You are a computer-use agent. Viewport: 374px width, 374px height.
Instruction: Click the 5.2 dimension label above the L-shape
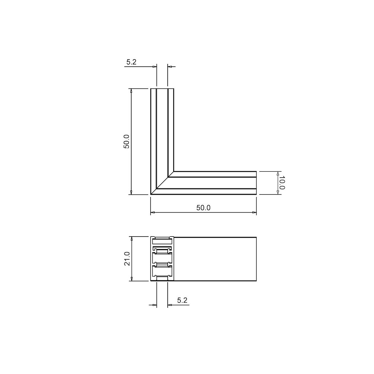pos(132,62)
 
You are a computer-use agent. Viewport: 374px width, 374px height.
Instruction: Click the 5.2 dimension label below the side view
pos(182,300)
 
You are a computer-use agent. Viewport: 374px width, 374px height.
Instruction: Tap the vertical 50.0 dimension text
pos(126,141)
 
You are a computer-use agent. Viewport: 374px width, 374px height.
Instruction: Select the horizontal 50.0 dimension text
pos(203,208)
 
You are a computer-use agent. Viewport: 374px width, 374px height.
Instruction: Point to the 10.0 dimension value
pos(282,183)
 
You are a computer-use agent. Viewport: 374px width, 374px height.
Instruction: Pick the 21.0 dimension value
pos(127,259)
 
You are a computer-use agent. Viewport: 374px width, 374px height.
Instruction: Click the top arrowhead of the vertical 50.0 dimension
pos(132,91)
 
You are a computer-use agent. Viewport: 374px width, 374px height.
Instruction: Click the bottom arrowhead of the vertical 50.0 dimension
pos(132,192)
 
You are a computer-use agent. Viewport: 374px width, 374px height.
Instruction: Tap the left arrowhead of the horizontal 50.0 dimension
pos(153,213)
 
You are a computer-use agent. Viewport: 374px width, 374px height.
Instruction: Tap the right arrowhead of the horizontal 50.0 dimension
pos(254,213)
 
